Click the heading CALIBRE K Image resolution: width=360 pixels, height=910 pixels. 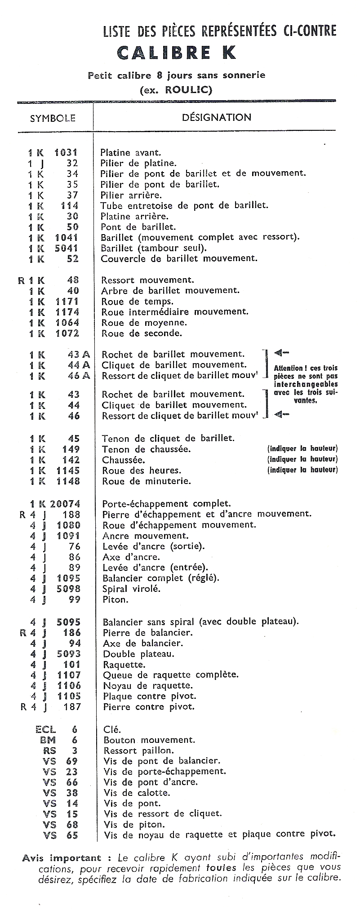point(176,53)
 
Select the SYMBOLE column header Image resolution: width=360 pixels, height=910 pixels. point(53,119)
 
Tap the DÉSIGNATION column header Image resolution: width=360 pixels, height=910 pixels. point(216,118)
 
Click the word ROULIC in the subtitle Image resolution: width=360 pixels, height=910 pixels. point(187,89)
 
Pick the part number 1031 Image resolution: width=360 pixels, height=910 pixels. point(66,152)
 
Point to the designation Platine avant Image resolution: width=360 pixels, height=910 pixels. point(130,153)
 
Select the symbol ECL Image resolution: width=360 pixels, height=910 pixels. point(45,729)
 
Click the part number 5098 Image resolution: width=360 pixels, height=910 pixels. point(69,589)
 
